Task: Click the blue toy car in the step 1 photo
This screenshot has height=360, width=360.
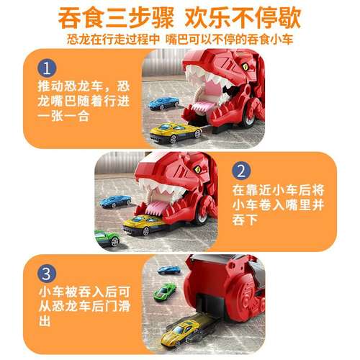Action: [x=164, y=103]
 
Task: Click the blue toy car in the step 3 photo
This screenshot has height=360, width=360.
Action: [x=169, y=271]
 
